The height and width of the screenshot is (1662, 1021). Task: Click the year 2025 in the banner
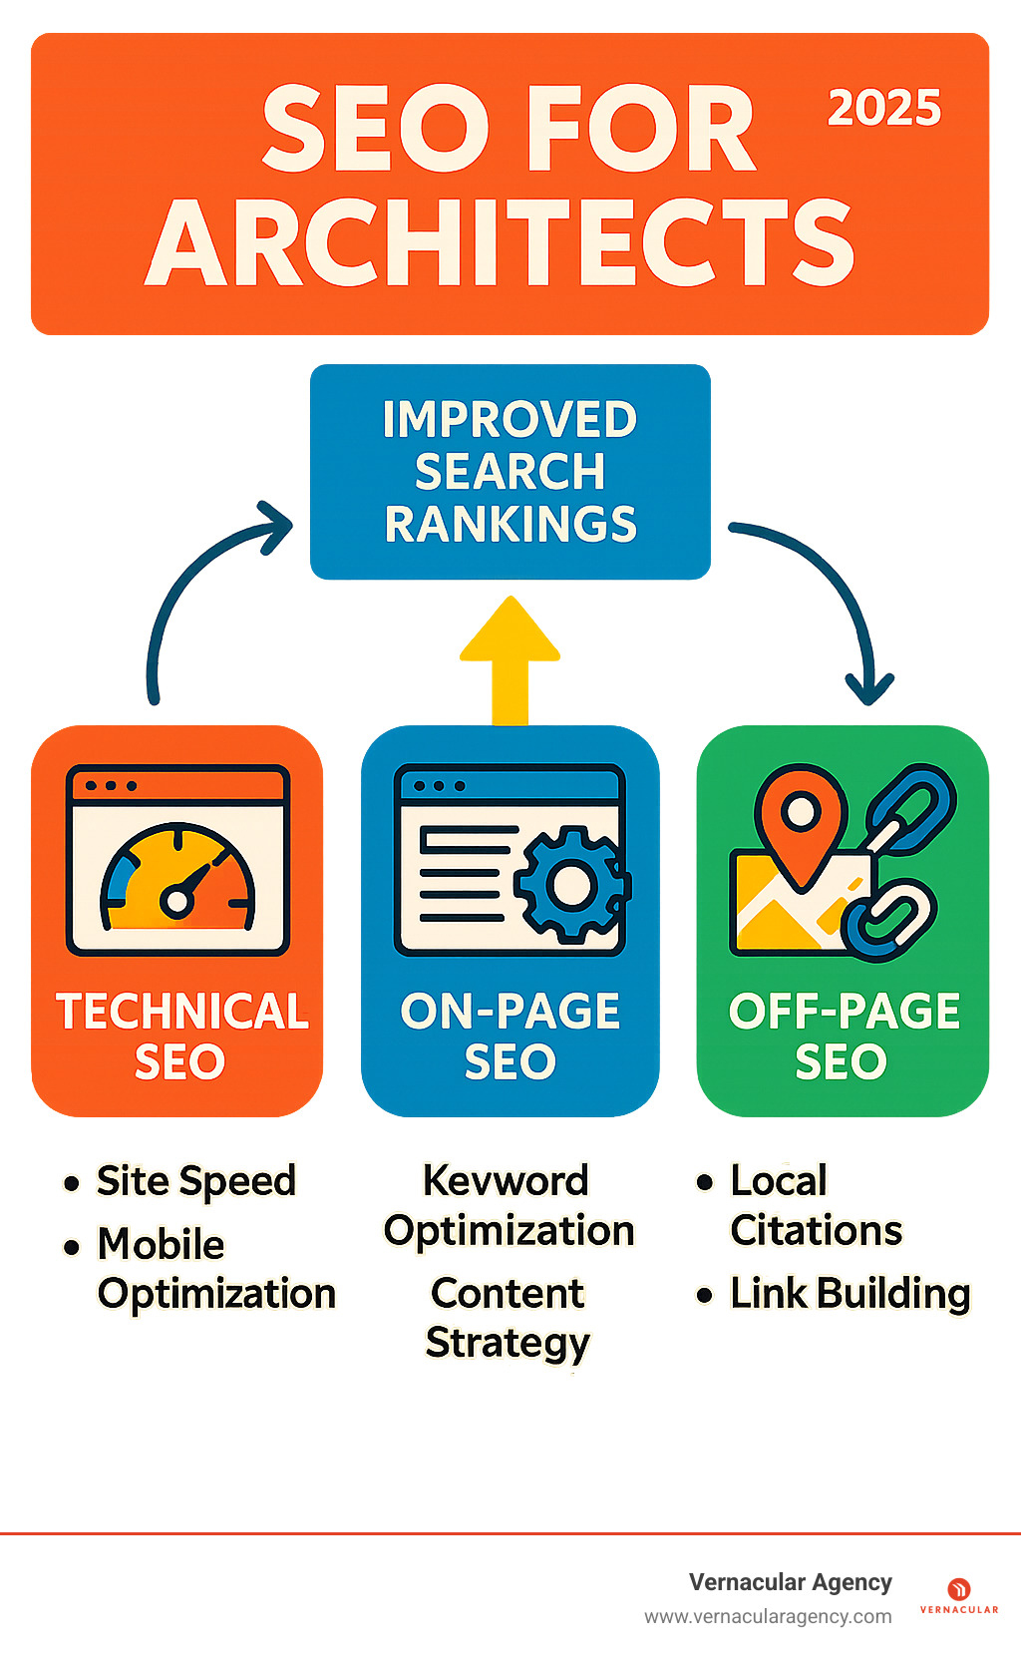[x=884, y=109]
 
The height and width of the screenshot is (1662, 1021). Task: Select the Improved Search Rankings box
[x=510, y=472]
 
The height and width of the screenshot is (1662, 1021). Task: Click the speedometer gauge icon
[x=177, y=879]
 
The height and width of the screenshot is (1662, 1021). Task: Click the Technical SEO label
[x=180, y=1037]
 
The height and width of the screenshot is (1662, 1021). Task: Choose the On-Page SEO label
[x=510, y=1037]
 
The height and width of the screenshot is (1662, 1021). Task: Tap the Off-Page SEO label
[x=844, y=1037]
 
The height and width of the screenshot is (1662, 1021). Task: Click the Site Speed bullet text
[x=196, y=1182]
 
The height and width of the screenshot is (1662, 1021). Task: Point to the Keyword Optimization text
[x=509, y=1206]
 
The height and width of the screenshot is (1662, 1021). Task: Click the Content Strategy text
[x=508, y=1318]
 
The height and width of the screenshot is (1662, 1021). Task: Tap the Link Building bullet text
[x=850, y=1294]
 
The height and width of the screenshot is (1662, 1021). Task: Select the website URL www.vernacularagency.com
[x=768, y=1616]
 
